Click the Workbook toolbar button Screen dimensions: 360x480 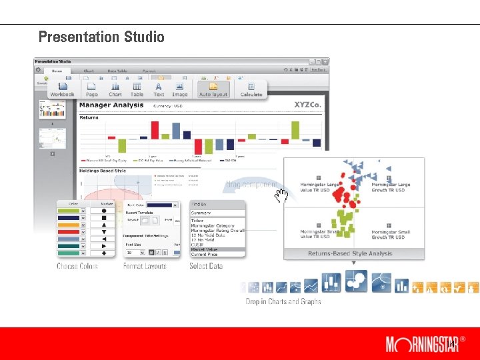(62, 89)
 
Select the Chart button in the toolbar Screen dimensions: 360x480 (115, 89)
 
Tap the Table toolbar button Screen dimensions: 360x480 (137, 89)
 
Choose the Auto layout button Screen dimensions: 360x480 (213, 89)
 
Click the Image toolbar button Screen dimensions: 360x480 (179, 89)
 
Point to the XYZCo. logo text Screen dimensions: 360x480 (308, 105)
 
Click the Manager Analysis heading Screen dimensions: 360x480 (109, 105)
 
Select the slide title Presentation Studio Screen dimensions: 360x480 (101, 37)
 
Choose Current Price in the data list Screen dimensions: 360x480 (205, 254)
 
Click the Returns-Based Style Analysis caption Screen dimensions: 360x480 (350, 253)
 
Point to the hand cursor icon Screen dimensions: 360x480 (282, 195)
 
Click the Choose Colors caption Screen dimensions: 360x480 (77, 266)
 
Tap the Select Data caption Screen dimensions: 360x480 (206, 266)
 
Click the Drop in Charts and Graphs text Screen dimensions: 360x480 (283, 301)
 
